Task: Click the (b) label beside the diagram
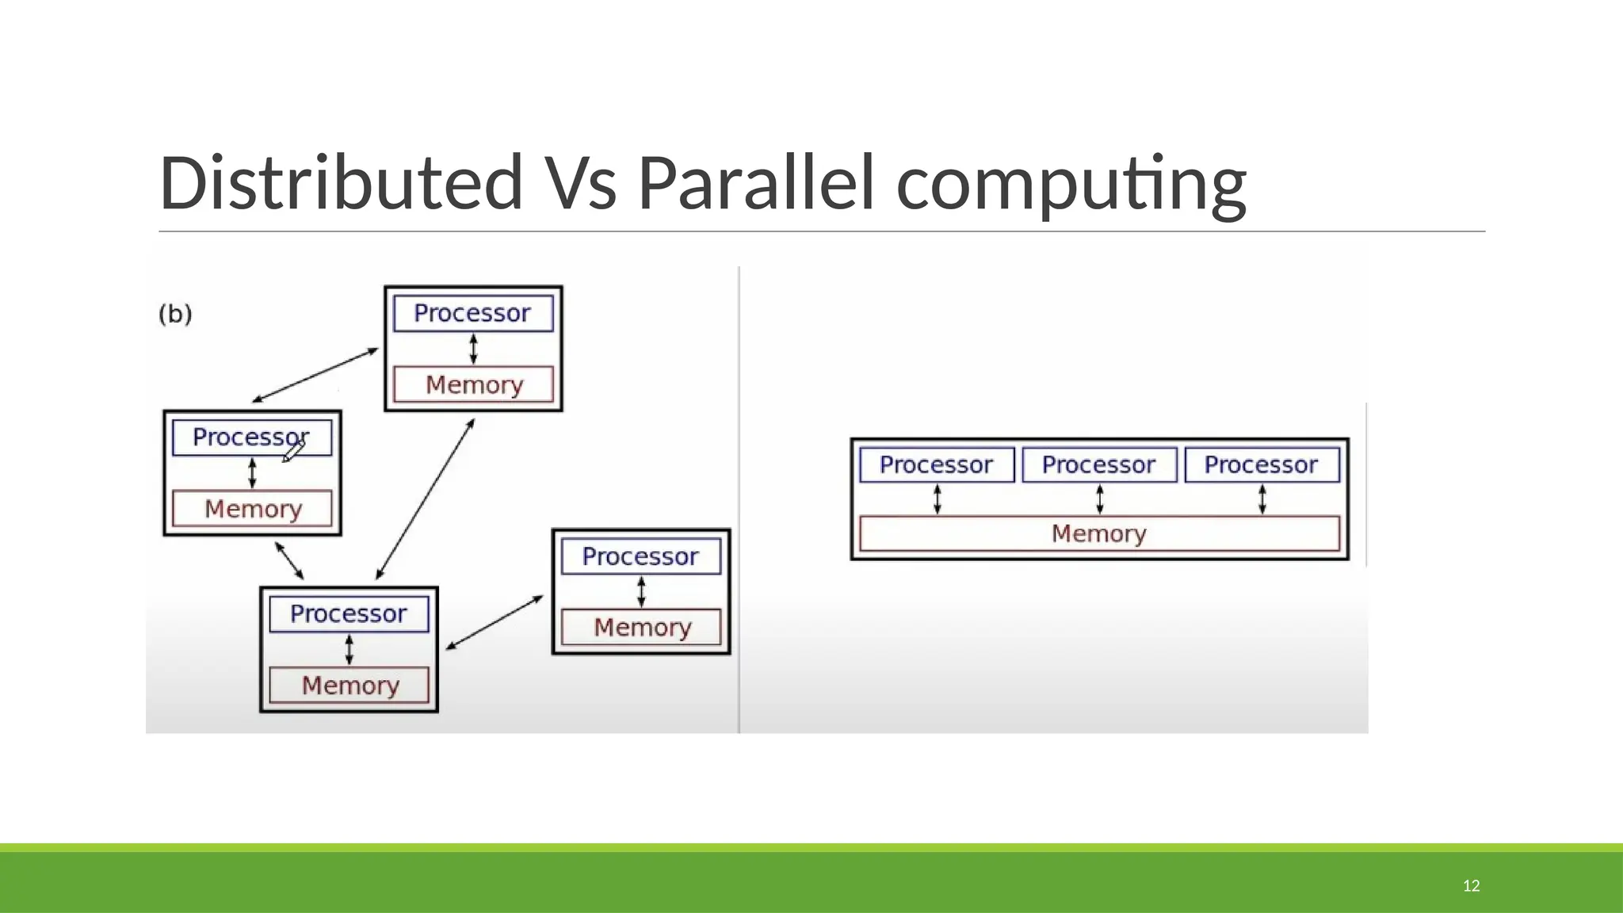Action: pos(175,314)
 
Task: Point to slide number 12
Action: pos(1471,885)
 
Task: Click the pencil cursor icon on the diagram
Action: pos(293,452)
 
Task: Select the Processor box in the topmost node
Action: pos(473,313)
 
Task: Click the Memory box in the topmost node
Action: pos(473,384)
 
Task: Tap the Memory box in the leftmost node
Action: pos(252,508)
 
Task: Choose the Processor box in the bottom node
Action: pos(349,613)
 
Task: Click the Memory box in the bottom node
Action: pos(349,685)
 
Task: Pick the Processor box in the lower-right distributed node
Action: pos(640,556)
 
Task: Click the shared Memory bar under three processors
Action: pos(1099,533)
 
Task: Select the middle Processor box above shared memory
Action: pos(1099,464)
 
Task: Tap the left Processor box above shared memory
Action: pos(936,464)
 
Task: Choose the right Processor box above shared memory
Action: pos(1262,464)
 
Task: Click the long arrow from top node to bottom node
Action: pos(425,499)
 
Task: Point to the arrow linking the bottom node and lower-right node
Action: pos(495,623)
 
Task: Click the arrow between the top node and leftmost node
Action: pos(315,375)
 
